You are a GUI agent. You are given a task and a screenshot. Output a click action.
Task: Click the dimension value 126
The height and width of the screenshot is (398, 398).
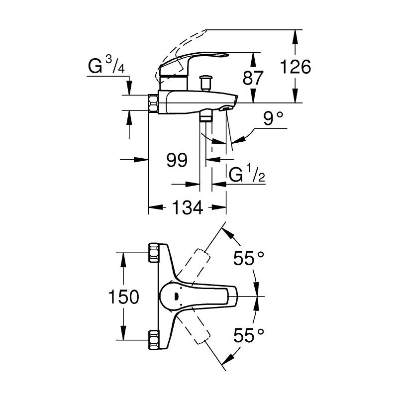(x=296, y=67)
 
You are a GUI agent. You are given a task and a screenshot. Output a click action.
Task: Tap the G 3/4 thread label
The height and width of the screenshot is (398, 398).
(x=106, y=67)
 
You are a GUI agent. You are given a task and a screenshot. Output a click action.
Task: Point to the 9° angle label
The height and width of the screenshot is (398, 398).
(x=272, y=119)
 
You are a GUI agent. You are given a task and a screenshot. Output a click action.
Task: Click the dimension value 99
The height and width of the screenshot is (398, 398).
(x=177, y=160)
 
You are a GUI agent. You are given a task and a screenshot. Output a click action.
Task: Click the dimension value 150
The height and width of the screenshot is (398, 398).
(x=123, y=297)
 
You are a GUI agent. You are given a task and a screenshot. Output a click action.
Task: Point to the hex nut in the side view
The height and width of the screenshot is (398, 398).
(x=153, y=103)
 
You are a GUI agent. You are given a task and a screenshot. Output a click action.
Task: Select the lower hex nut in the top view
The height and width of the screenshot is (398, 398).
(x=153, y=343)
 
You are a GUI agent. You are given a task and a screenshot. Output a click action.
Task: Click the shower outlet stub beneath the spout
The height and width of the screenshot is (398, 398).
(x=205, y=117)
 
